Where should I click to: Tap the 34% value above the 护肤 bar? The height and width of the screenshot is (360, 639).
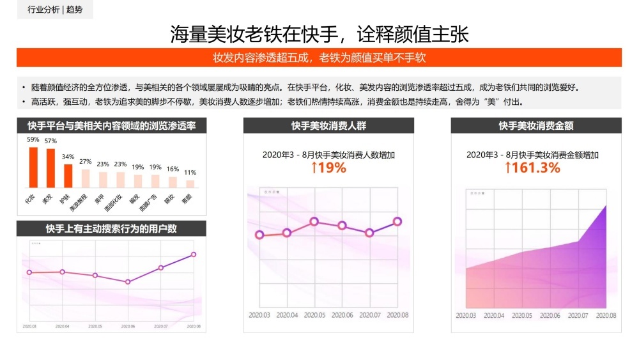click(68, 157)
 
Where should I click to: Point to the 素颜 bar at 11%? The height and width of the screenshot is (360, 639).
click(190, 184)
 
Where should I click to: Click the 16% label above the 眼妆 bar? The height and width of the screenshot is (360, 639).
click(173, 169)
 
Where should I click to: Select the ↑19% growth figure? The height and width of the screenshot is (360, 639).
click(328, 168)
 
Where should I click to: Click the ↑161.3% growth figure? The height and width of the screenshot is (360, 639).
click(532, 168)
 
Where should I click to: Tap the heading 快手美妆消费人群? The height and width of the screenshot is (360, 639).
click(328, 126)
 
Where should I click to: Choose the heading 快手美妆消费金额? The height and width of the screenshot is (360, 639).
click(536, 126)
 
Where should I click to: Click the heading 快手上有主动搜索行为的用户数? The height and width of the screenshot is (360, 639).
click(111, 228)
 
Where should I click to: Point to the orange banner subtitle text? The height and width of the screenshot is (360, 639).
click(319, 58)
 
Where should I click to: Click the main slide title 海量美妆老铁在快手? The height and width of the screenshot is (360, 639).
click(319, 34)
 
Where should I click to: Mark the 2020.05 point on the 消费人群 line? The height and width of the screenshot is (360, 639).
click(314, 221)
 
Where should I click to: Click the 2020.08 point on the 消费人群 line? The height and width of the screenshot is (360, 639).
click(397, 221)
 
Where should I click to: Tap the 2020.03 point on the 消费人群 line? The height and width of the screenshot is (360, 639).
click(259, 235)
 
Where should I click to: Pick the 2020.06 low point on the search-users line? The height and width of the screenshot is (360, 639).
click(128, 282)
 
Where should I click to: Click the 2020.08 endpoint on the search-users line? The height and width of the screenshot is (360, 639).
click(194, 254)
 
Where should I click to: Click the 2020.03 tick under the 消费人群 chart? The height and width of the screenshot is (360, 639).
click(259, 315)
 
